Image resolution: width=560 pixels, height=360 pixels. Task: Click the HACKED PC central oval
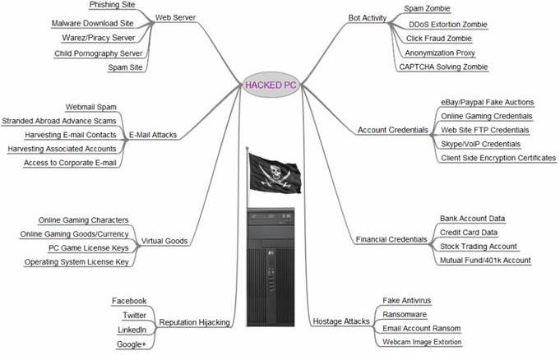click(x=271, y=85)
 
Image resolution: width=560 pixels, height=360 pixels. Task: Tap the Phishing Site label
click(x=112, y=5)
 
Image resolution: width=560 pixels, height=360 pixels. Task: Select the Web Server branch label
click(x=175, y=17)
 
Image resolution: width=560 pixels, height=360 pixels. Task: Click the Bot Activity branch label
click(x=367, y=18)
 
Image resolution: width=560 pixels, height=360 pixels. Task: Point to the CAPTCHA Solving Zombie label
click(x=443, y=67)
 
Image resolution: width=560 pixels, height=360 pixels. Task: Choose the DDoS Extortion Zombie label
click(x=448, y=25)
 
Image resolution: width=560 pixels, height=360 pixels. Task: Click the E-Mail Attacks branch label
click(x=153, y=135)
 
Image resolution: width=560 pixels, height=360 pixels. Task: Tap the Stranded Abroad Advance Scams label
click(x=59, y=121)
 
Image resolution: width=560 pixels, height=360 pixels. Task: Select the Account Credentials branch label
click(x=392, y=130)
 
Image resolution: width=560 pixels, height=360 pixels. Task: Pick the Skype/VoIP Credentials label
click(x=480, y=145)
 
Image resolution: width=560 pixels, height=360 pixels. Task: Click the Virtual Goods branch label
click(x=164, y=241)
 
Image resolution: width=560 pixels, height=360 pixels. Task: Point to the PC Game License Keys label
click(x=89, y=248)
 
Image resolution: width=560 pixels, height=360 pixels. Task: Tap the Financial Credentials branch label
click(x=391, y=240)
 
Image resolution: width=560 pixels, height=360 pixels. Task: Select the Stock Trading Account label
click(x=479, y=247)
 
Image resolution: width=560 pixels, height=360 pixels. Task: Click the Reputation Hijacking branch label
click(x=194, y=322)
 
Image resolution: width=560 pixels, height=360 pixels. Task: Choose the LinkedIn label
click(x=132, y=330)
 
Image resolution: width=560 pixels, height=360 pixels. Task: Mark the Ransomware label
click(x=405, y=315)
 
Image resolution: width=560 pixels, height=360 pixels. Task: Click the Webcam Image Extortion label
click(x=422, y=342)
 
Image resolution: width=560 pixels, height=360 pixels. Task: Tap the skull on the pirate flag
click(x=275, y=172)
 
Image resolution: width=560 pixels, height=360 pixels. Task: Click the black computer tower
click(x=271, y=267)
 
